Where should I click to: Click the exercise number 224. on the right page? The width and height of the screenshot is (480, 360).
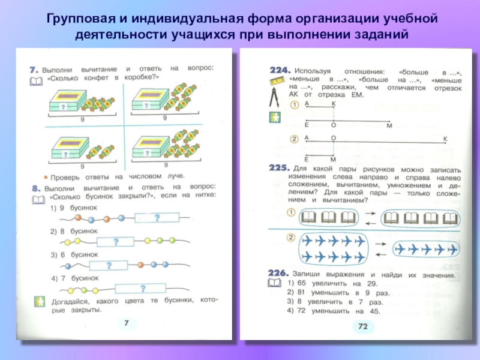click(280, 70)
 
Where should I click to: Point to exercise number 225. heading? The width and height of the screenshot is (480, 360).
click(280, 170)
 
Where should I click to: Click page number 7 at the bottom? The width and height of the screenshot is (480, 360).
click(127, 323)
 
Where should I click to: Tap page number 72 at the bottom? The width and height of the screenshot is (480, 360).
click(362, 326)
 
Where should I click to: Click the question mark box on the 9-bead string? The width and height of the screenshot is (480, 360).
click(157, 217)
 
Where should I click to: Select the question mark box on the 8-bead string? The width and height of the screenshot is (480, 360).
click(115, 242)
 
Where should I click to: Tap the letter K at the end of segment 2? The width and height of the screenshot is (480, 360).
click(445, 139)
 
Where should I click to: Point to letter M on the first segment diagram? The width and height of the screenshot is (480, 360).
click(389, 125)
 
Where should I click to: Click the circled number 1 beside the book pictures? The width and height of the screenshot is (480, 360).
click(290, 213)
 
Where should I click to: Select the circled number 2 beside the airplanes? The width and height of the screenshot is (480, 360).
click(290, 238)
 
